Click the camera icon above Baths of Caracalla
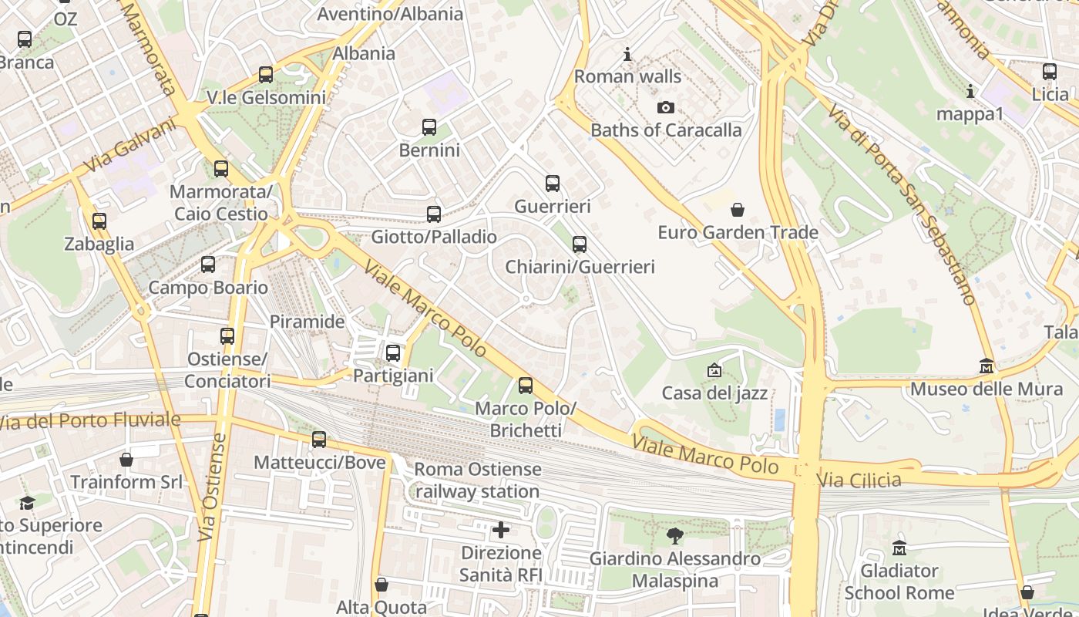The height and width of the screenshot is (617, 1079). pyautogui.click(x=665, y=108)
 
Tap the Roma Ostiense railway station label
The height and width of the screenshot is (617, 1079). pyautogui.click(x=478, y=480)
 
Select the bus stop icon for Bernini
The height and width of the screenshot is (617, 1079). pyautogui.click(x=429, y=127)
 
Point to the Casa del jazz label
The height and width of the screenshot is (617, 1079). pyautogui.click(x=714, y=393)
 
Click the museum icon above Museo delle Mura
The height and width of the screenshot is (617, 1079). pyautogui.click(x=987, y=366)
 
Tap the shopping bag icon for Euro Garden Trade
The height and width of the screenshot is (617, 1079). pyautogui.click(x=738, y=210)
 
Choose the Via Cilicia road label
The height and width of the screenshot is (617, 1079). pyautogui.click(x=859, y=480)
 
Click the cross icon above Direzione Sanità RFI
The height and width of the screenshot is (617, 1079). pyautogui.click(x=501, y=530)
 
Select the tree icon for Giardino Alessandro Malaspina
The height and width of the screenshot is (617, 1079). pyautogui.click(x=675, y=535)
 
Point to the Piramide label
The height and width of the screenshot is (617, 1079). pyautogui.click(x=307, y=322)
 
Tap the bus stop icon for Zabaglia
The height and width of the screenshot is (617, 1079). pyautogui.click(x=99, y=221)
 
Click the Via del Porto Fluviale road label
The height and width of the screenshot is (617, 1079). pyautogui.click(x=90, y=421)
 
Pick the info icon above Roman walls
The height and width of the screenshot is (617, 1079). pyautogui.click(x=627, y=55)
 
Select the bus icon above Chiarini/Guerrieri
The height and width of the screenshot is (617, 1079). pyautogui.click(x=580, y=244)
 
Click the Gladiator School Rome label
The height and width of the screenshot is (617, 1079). pyautogui.click(x=899, y=582)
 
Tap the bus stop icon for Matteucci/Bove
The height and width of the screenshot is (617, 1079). pyautogui.click(x=319, y=440)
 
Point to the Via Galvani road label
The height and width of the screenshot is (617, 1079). pyautogui.click(x=130, y=147)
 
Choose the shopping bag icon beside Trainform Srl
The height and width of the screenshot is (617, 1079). pyautogui.click(x=126, y=460)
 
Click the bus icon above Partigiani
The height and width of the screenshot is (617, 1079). pyautogui.click(x=393, y=353)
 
